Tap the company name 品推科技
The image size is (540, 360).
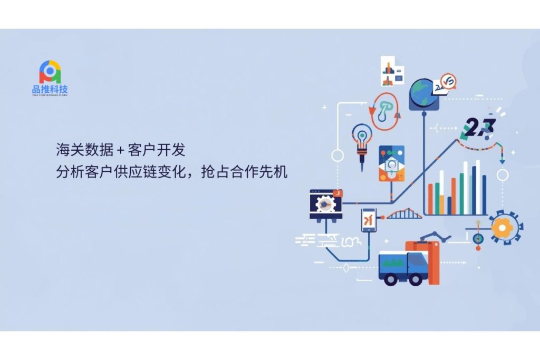50,90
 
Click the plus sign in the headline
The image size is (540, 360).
120,151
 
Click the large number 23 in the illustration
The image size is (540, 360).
479,127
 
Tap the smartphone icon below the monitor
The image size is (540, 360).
369,220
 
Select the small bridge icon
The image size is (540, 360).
404,213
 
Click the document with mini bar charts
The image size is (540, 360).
391,72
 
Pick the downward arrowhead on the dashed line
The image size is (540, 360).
502,159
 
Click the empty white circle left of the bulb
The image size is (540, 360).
337,156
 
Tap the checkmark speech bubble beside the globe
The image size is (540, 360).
448,81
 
